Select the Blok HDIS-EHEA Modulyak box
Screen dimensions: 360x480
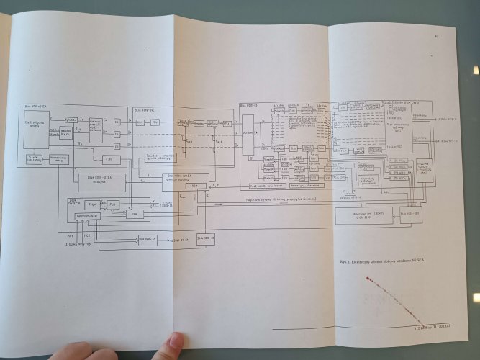(100, 181)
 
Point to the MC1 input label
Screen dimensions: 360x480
(69, 235)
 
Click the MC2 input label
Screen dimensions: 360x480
(86, 235)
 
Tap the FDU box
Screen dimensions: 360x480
(109, 158)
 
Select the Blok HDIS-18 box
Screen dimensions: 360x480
(205, 240)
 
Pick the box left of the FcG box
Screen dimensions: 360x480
(92, 204)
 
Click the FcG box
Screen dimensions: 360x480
(114, 204)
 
